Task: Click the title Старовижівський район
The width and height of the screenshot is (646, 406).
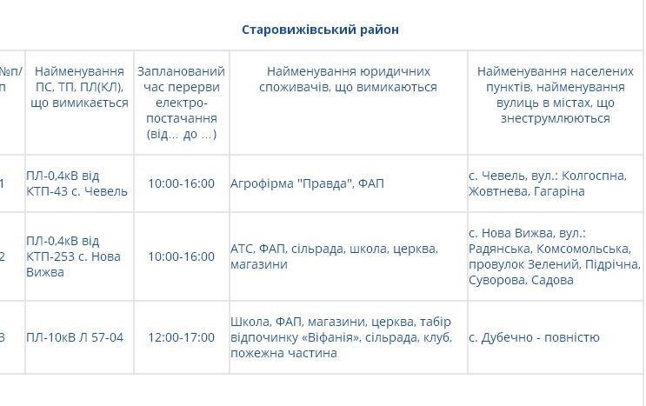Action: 320,30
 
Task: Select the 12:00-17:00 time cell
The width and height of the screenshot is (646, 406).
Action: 181,337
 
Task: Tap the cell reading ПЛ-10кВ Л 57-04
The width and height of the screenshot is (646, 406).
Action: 75,337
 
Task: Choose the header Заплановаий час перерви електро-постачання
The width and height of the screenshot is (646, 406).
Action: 181,103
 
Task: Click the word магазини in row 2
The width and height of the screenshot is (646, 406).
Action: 259,264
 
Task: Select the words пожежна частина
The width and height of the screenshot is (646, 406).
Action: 283,353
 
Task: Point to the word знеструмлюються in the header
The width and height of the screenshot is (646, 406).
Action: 555,119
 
